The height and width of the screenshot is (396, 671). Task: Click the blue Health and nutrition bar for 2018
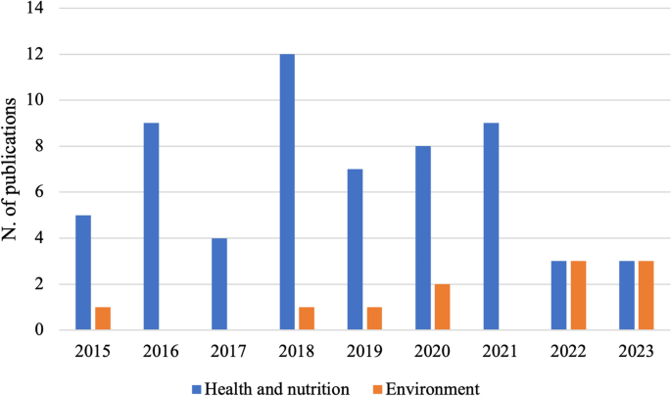[x=287, y=192]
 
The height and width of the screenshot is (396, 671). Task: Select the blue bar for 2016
[x=150, y=226]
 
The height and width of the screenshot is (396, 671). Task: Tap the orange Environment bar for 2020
[x=443, y=307]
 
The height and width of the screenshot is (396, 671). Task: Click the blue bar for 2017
[x=218, y=284]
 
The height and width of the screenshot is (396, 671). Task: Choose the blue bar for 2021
[x=492, y=226]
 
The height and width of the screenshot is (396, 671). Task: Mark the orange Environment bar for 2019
[x=375, y=319]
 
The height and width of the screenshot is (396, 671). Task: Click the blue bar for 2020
[x=423, y=238]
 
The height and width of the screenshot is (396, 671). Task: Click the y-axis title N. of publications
[x=14, y=170]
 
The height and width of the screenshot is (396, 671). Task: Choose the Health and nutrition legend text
[x=278, y=388]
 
